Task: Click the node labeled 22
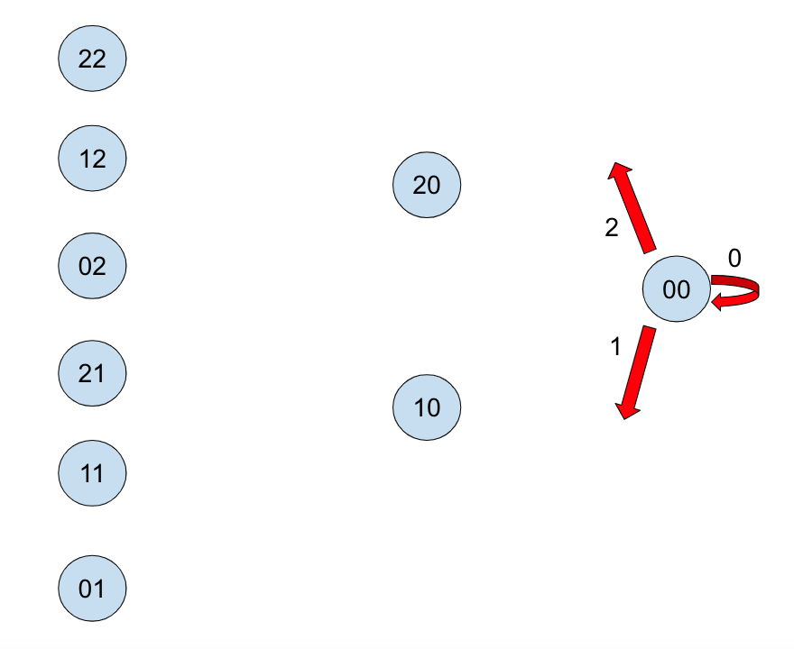click(92, 59)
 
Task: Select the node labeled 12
click(92, 158)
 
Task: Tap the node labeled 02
click(92, 265)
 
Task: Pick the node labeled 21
click(92, 372)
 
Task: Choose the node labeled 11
click(92, 472)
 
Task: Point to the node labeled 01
click(92, 589)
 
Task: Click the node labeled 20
click(427, 185)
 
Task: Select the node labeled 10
click(427, 407)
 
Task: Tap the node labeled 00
click(677, 289)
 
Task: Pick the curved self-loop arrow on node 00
click(745, 288)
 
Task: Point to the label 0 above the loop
click(734, 259)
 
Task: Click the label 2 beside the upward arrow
click(611, 228)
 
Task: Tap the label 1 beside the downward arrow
click(615, 346)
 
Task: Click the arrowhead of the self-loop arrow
click(719, 301)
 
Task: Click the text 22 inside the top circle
click(92, 59)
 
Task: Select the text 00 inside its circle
click(677, 289)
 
